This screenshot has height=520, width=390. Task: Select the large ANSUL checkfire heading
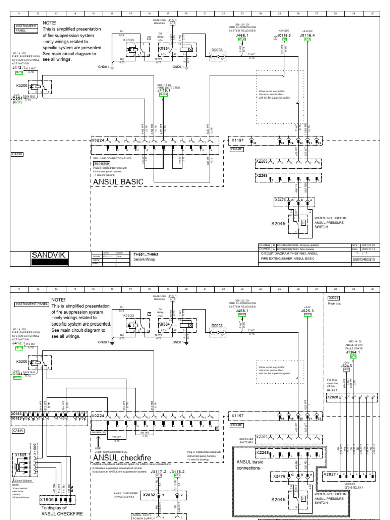(125, 457)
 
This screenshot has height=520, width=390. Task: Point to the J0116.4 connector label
(307, 35)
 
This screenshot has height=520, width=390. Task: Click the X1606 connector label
(47, 500)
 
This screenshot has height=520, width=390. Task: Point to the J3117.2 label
(158, 472)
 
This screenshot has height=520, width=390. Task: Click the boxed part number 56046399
(102, 164)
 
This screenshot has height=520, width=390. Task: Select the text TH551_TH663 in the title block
(146, 254)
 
